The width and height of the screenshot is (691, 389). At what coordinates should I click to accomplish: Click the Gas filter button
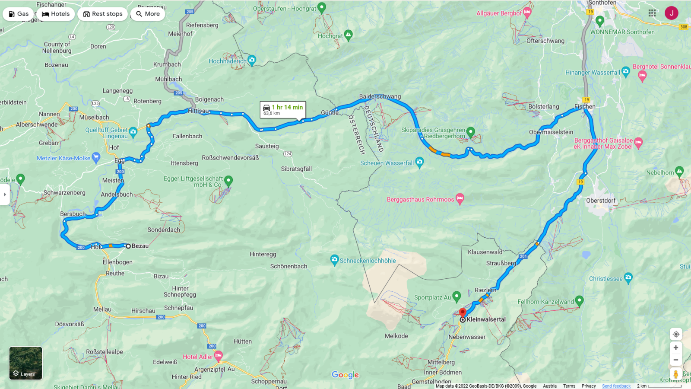[18, 14]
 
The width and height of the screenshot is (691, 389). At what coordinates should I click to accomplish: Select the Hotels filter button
[56, 14]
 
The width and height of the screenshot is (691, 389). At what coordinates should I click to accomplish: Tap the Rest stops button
[103, 14]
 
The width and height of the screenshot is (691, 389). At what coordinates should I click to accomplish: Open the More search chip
[148, 14]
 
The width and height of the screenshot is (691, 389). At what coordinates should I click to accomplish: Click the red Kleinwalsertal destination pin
[463, 312]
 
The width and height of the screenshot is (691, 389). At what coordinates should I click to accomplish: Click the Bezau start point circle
[128, 246]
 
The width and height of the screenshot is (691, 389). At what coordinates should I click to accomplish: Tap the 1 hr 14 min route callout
[283, 109]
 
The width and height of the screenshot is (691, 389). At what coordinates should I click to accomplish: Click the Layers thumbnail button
[26, 363]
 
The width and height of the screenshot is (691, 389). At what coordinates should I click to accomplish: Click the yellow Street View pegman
[676, 374]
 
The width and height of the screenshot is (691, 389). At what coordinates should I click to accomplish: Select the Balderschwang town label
[380, 96]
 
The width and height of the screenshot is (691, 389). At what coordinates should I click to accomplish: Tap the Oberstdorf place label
[600, 201]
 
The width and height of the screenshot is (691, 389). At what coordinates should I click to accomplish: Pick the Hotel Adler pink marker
[219, 356]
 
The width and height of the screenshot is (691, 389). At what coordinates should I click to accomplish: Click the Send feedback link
[616, 386]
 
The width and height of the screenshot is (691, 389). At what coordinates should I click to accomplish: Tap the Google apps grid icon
[652, 13]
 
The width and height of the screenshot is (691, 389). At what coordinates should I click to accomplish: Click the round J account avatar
[671, 13]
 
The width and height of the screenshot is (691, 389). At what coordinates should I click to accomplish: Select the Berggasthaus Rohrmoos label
[420, 200]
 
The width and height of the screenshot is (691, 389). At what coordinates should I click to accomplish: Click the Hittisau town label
[198, 111]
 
